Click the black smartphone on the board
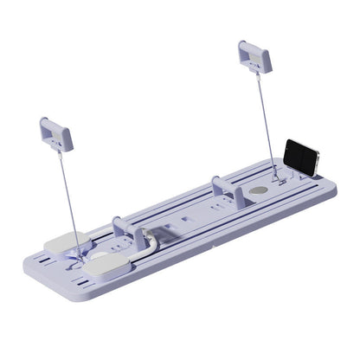coord(302,156)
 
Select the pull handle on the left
coord(55,133)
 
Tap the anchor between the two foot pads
coord(81,256)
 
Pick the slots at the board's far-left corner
coord(38,256)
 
